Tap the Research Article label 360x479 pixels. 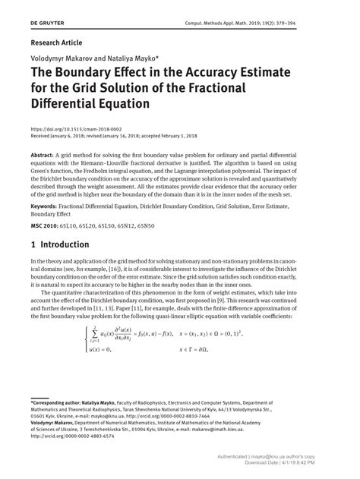[57, 43]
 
